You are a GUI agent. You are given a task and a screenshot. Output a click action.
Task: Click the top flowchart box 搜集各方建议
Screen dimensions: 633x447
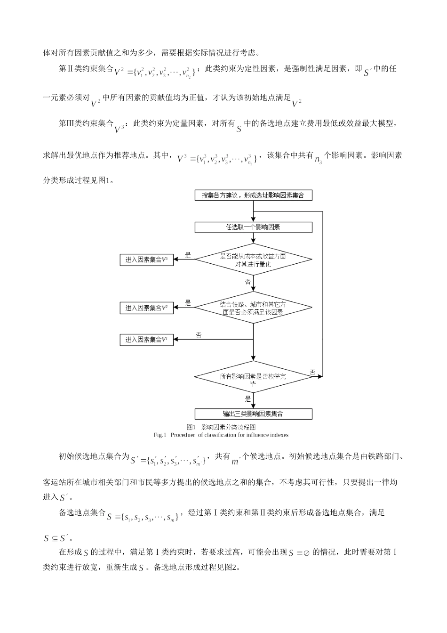click(254, 195)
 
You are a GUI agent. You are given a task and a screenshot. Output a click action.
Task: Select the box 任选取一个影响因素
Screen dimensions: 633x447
click(254, 227)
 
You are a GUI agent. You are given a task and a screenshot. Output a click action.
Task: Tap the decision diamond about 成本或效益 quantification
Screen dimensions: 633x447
click(254, 260)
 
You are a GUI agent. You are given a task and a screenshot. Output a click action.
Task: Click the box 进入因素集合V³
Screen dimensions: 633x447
click(147, 260)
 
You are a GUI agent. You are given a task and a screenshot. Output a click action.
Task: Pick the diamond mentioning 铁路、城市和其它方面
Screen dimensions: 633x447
click(254, 308)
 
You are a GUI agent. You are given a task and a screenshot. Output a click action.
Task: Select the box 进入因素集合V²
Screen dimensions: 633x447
click(147, 308)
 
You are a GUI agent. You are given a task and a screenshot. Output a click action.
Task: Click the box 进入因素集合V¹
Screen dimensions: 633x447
click(147, 340)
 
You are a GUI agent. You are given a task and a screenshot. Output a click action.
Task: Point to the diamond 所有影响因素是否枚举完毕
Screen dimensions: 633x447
click(254, 380)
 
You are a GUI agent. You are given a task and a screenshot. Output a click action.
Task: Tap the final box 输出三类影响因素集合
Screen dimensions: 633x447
click(254, 414)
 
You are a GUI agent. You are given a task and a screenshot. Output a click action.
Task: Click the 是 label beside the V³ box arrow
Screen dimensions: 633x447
click(188, 255)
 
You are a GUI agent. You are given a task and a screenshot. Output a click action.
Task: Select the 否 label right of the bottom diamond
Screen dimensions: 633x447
click(313, 372)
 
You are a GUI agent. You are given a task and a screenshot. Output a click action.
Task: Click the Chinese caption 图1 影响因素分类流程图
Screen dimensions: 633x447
click(221, 427)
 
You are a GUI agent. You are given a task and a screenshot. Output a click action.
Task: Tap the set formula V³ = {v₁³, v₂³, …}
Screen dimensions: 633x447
click(217, 158)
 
